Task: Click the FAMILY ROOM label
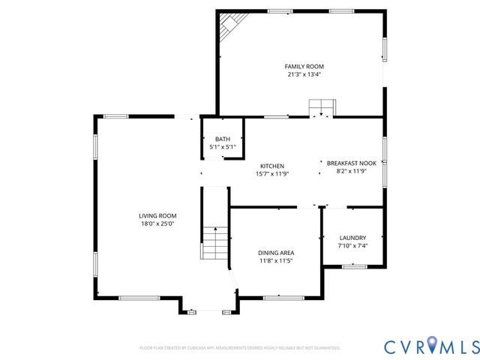click(x=304, y=66)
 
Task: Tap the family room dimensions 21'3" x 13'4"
click(x=304, y=74)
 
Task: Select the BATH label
click(x=223, y=139)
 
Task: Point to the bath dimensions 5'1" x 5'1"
click(x=223, y=147)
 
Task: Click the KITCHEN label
click(x=271, y=166)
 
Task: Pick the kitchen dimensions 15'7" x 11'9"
click(x=271, y=174)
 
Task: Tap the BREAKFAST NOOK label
click(x=351, y=163)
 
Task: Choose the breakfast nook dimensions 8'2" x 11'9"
click(x=351, y=171)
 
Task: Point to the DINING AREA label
click(x=275, y=253)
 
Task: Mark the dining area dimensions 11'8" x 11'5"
click(x=275, y=261)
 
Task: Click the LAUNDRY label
click(x=352, y=237)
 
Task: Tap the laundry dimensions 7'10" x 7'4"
click(x=352, y=245)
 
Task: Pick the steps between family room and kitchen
click(x=322, y=107)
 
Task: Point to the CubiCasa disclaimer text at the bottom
click(x=240, y=348)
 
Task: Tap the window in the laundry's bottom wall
click(x=353, y=266)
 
